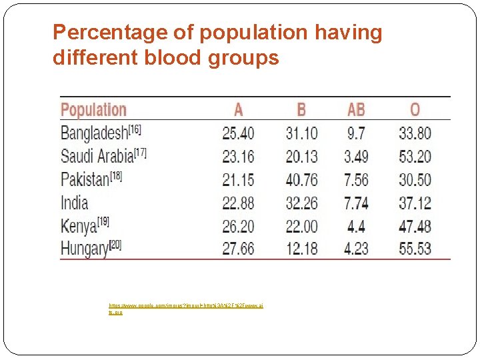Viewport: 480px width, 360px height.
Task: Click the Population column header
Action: [x=93, y=110]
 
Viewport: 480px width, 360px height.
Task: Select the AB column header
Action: [x=356, y=110]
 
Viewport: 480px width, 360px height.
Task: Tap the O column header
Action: [x=415, y=110]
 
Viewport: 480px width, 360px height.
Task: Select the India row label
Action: [x=74, y=203]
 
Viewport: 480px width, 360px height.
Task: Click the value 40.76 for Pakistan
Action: [x=301, y=179]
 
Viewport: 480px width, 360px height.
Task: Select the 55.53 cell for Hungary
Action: [x=415, y=249]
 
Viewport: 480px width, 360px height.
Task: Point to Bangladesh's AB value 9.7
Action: [x=356, y=133]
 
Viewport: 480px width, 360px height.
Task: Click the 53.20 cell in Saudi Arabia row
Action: [x=415, y=157]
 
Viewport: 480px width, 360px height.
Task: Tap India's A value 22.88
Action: [x=238, y=203]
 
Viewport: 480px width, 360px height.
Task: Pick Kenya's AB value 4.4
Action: [x=356, y=225]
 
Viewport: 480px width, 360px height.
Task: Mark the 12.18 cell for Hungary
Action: [x=301, y=249]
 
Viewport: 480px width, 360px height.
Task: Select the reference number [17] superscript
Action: [x=140, y=153]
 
